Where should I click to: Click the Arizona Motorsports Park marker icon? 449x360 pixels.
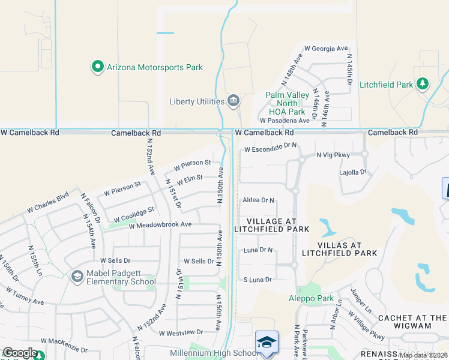tap(97, 67)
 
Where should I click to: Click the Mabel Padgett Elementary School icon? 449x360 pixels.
tap(77, 277)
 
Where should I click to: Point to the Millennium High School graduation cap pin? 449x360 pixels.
tap(266, 343)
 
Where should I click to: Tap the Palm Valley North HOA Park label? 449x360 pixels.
tap(285, 103)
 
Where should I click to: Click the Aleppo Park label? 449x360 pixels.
tap(318, 298)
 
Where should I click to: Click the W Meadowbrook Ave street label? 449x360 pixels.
tap(160, 224)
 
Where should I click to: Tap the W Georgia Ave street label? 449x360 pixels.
tap(326, 48)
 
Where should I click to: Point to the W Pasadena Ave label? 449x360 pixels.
tap(285, 121)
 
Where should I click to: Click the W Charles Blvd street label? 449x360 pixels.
tap(48, 203)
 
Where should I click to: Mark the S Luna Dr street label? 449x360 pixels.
tap(258, 280)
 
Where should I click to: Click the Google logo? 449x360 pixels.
tap(20, 353)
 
